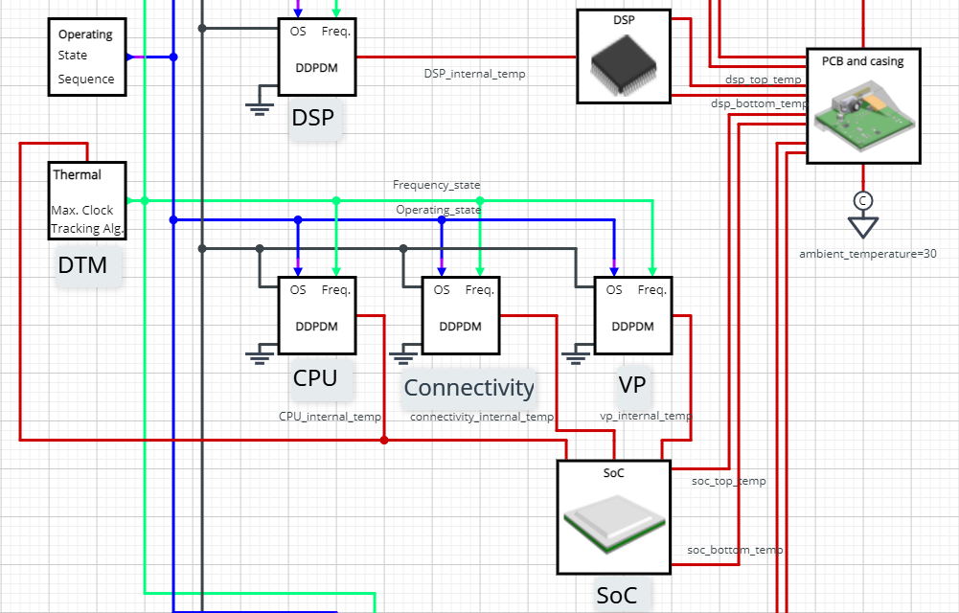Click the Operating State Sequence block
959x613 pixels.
(x=86, y=57)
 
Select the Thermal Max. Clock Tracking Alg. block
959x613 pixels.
(x=87, y=201)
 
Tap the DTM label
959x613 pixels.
(x=83, y=265)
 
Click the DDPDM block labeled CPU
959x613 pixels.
(x=316, y=315)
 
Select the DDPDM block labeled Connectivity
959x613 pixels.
(x=460, y=315)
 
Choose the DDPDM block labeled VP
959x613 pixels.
(x=632, y=315)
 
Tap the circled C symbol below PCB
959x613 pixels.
(x=862, y=200)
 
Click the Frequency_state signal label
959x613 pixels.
(x=436, y=185)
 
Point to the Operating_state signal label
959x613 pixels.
(x=439, y=210)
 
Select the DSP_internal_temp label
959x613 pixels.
(x=474, y=73)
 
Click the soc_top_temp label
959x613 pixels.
(x=728, y=481)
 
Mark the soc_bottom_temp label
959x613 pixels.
(x=735, y=550)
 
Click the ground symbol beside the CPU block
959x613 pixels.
(x=258, y=357)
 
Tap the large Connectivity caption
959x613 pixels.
(x=468, y=388)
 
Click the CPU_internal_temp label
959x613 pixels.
(x=330, y=417)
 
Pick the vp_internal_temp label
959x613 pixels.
(x=645, y=416)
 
